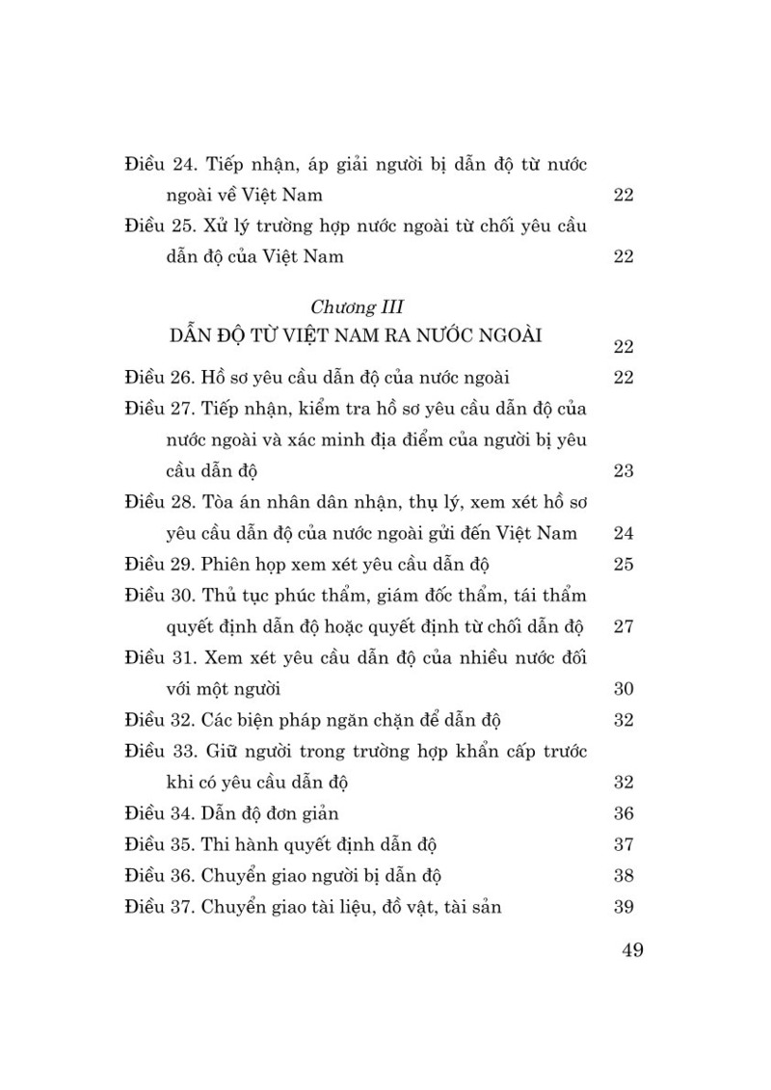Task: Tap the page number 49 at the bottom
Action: point(633,950)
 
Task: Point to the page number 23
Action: point(623,471)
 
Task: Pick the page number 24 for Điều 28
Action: point(623,534)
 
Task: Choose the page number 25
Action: point(623,565)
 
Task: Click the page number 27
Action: point(623,627)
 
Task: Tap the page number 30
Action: point(623,690)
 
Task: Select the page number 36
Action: point(623,814)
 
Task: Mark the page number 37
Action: point(623,845)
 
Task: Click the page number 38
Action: point(623,876)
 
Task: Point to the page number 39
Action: point(623,907)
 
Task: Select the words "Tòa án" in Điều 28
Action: point(229,502)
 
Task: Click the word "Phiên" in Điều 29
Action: point(227,565)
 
